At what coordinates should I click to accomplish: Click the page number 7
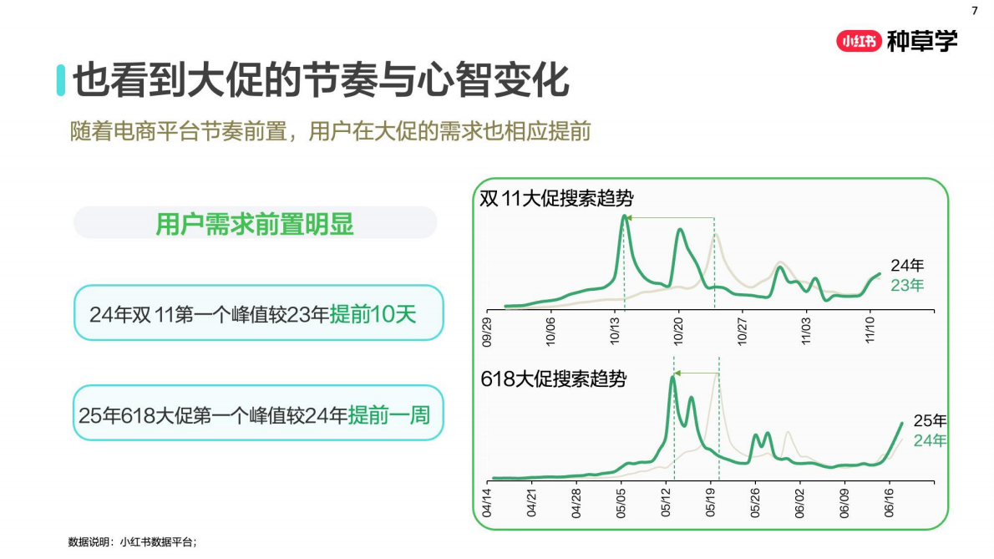tap(974, 11)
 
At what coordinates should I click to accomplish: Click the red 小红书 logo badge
tap(859, 41)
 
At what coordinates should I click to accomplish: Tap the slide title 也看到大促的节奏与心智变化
tap(321, 81)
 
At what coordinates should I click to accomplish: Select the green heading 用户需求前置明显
tap(255, 224)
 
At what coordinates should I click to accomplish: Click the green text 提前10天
tap(373, 314)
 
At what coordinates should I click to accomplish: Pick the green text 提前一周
tap(388, 414)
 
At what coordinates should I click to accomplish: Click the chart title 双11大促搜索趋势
tap(556, 199)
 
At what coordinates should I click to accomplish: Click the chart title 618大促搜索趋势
tap(553, 379)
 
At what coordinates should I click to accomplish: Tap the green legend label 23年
tap(907, 285)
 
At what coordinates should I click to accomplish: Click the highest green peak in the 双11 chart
tap(624, 216)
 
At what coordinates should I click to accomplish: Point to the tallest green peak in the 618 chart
tap(672, 377)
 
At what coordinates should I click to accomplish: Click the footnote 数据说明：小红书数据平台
tap(132, 542)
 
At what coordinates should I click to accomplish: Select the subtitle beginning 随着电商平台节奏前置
tap(332, 131)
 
